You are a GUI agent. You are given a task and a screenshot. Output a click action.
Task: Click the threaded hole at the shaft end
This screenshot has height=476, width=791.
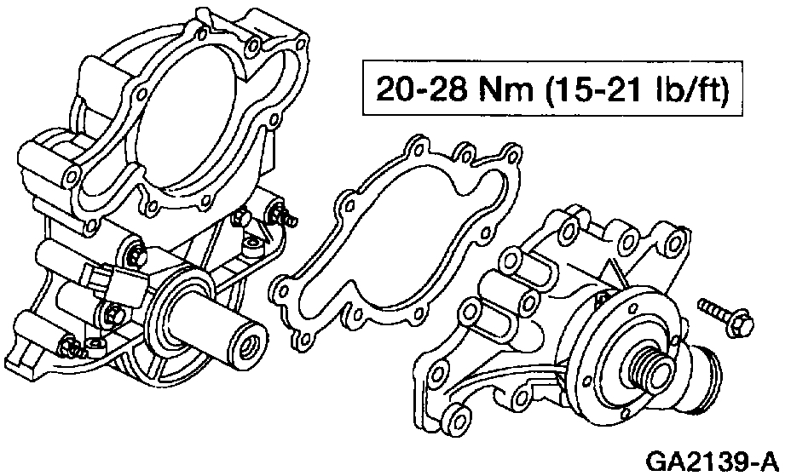tap(249, 347)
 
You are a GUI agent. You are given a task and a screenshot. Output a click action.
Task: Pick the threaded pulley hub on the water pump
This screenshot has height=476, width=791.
tap(650, 370)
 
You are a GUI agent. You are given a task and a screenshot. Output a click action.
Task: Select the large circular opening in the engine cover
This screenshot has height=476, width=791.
tap(187, 118)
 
